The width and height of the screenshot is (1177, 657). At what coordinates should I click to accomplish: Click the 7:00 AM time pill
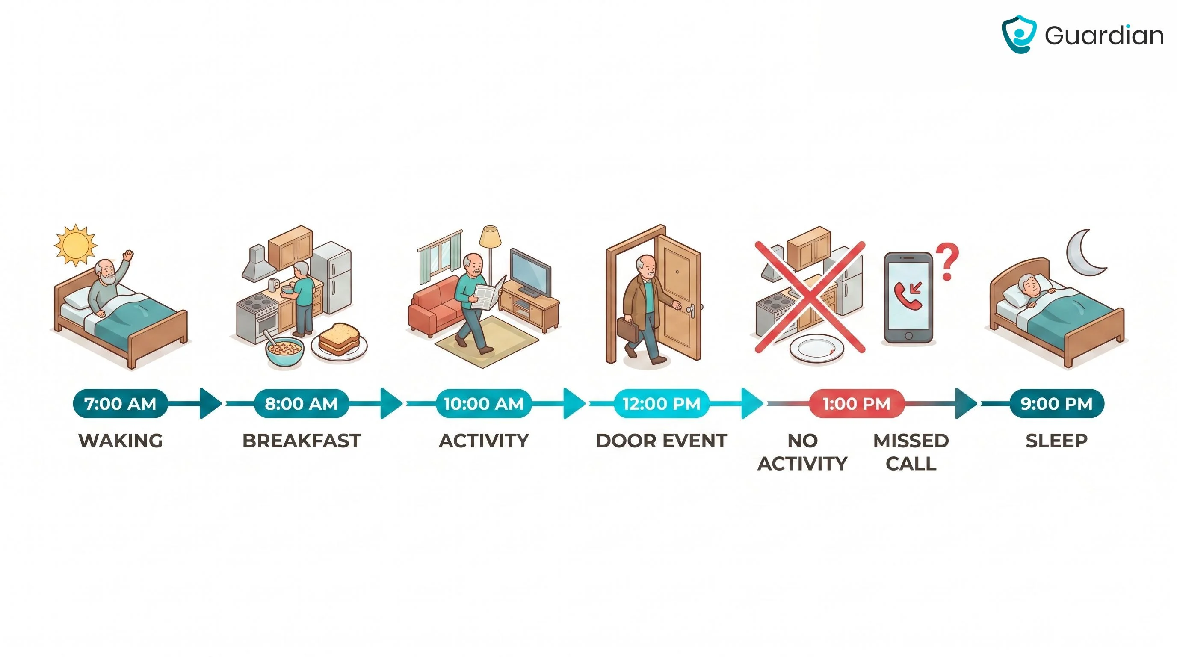tap(120, 403)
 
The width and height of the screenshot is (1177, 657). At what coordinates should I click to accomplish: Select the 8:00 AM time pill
tap(301, 403)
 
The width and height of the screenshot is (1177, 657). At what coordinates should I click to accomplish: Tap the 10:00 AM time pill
tap(483, 403)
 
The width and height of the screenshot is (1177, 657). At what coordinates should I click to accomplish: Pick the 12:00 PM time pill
tap(661, 403)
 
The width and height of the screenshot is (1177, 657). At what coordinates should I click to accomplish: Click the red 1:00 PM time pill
tap(857, 403)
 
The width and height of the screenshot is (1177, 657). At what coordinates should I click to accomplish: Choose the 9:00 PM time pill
tap(1056, 403)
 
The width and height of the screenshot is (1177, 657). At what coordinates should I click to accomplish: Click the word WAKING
tap(121, 441)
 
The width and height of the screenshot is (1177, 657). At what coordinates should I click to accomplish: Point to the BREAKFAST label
tap(302, 441)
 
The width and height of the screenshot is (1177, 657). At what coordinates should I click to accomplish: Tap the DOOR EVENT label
tap(662, 441)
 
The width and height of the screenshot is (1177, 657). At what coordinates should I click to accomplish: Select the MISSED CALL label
tap(911, 452)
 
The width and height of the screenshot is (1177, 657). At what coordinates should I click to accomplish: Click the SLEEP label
tap(1056, 441)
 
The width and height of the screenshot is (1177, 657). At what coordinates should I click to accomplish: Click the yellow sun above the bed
tap(75, 245)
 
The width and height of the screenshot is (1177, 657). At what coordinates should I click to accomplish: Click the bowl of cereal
tap(284, 350)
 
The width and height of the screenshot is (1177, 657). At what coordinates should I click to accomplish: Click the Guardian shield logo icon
tap(1018, 34)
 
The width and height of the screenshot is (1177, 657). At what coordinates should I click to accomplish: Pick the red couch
tap(436, 304)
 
